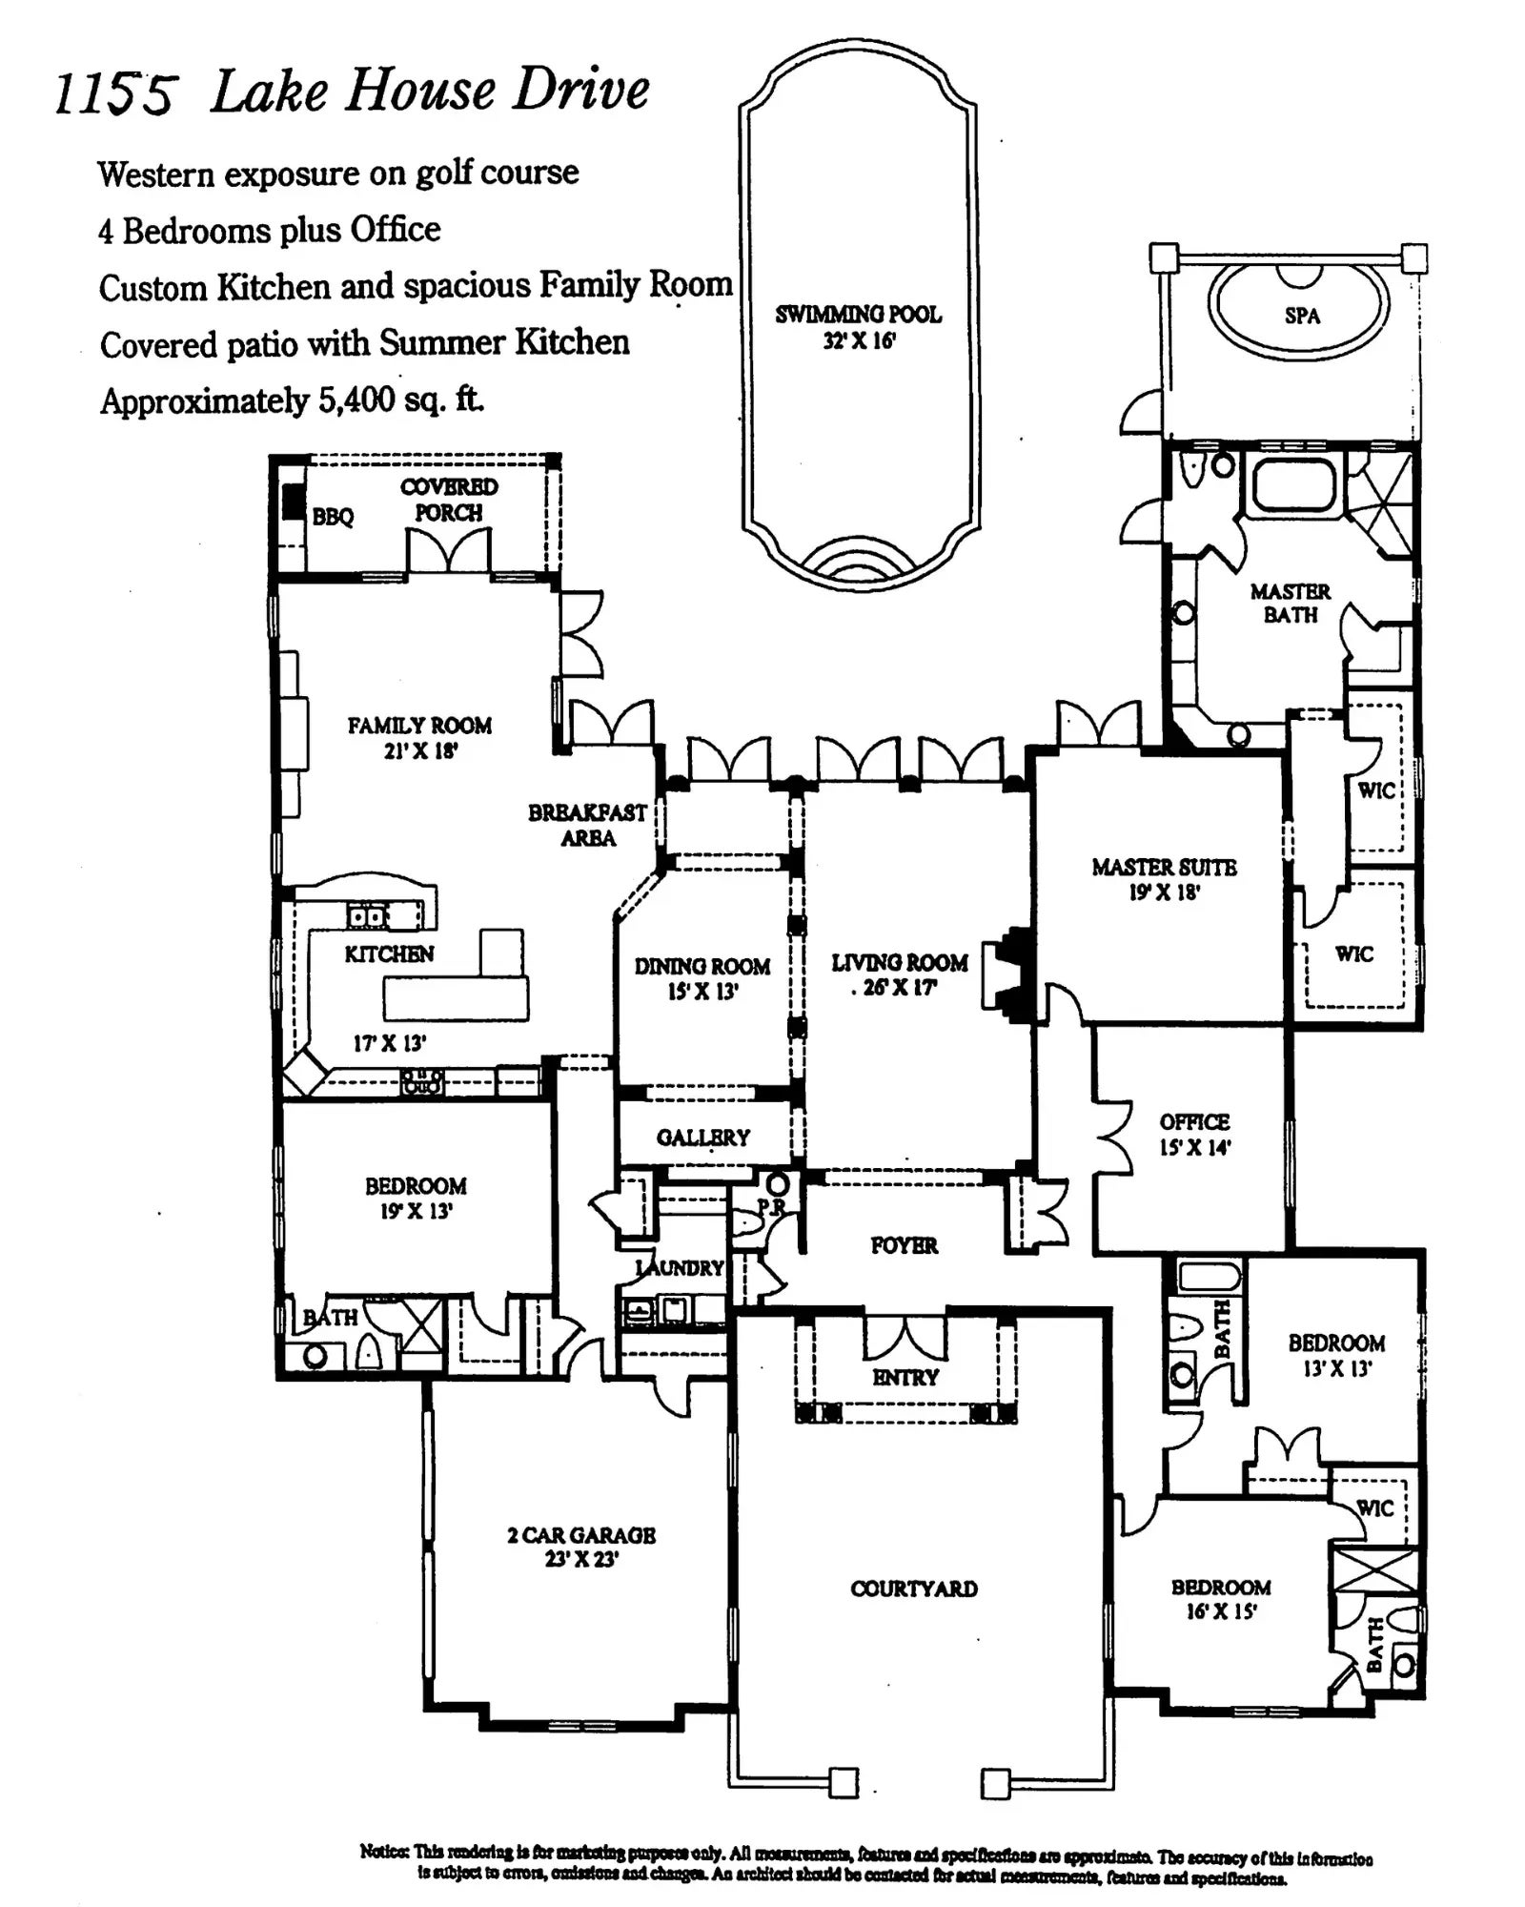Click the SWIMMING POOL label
(858, 315)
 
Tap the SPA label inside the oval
(1302, 316)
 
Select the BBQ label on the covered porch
(333, 518)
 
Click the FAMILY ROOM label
(419, 727)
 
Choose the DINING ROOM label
(702, 967)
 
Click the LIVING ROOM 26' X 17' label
(899, 974)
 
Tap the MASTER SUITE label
(1164, 868)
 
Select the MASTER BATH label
(1291, 604)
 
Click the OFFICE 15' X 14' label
(1194, 1134)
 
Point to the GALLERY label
(703, 1137)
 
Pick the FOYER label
(904, 1245)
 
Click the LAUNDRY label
(681, 1268)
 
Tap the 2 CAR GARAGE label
(581, 1535)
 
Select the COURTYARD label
(914, 1589)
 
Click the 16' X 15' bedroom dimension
(1222, 1612)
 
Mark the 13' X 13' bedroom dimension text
(1336, 1370)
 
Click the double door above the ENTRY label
(905, 1339)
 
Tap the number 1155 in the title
(114, 95)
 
